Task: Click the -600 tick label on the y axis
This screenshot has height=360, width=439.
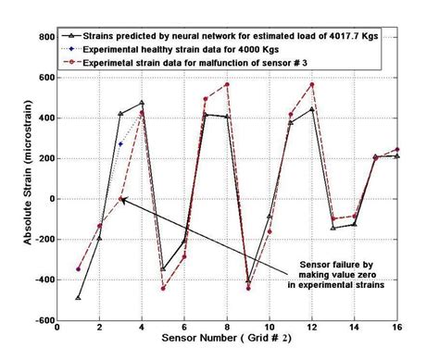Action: pyautogui.click(x=42, y=320)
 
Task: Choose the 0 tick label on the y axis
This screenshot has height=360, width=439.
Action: pyautogui.click(x=49, y=198)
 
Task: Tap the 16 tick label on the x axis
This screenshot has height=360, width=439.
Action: pyautogui.click(x=397, y=328)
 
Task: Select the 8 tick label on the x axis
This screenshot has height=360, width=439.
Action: pyautogui.click(x=227, y=328)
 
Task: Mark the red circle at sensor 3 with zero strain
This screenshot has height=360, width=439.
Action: pyautogui.click(x=121, y=199)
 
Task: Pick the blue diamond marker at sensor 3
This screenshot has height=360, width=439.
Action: pyautogui.click(x=120, y=144)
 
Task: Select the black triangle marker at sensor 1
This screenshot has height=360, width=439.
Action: pyautogui.click(x=79, y=298)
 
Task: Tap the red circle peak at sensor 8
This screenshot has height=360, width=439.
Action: pyautogui.click(x=227, y=84)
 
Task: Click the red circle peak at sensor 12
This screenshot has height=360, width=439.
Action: pyautogui.click(x=312, y=84)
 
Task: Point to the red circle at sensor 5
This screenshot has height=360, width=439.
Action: pyautogui.click(x=163, y=288)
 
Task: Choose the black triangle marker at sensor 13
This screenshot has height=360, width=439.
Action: pyautogui.click(x=333, y=228)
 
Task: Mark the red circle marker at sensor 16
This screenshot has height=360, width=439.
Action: pyautogui.click(x=397, y=149)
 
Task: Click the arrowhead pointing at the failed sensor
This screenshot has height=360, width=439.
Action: pyautogui.click(x=124, y=201)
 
